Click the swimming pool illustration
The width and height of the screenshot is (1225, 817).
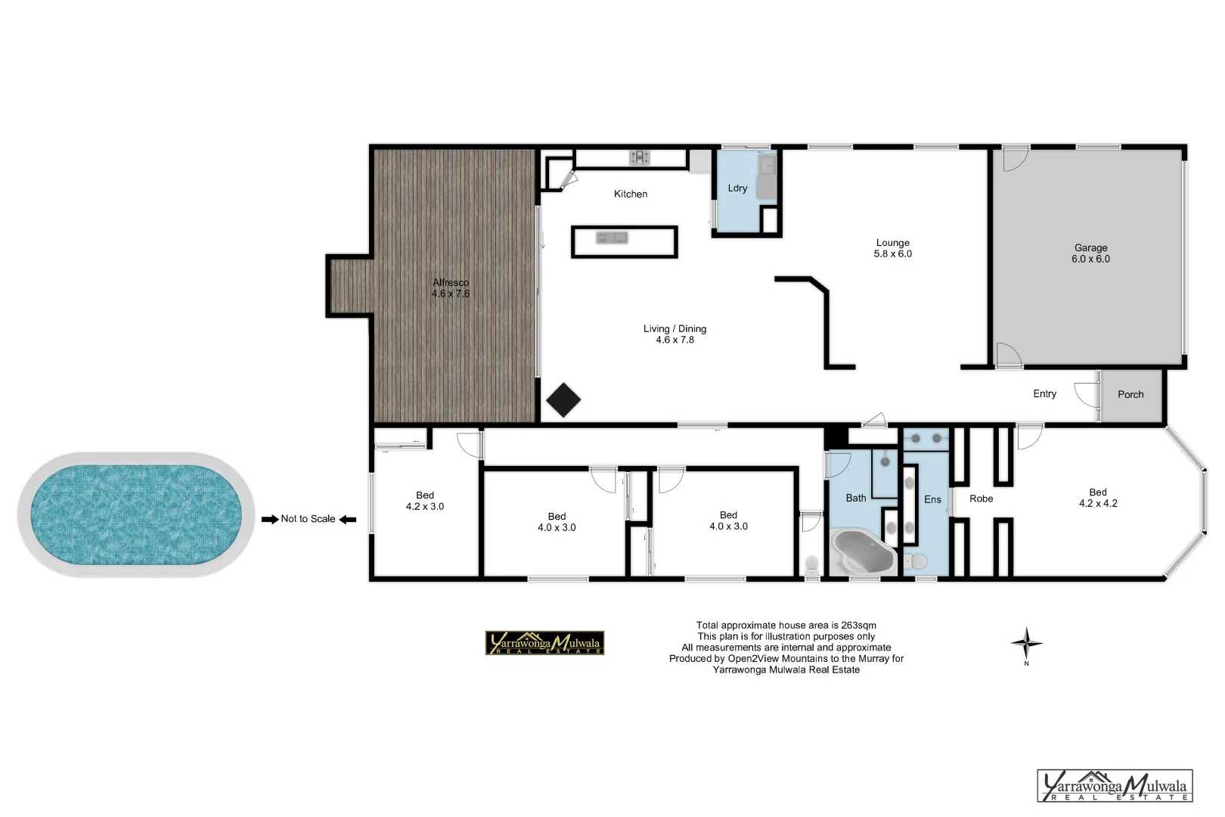pyautogui.click(x=135, y=514)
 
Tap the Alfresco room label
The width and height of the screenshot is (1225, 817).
pyautogui.click(x=451, y=288)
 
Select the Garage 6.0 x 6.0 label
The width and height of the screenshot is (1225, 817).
pyautogui.click(x=1090, y=253)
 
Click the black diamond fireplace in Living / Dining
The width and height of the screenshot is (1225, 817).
pyautogui.click(x=563, y=400)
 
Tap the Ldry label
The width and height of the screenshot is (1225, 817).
pyautogui.click(x=737, y=188)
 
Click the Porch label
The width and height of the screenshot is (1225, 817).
pyautogui.click(x=1130, y=394)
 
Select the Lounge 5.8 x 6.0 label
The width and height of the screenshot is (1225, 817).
pyautogui.click(x=892, y=249)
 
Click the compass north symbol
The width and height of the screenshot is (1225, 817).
pyautogui.click(x=1026, y=645)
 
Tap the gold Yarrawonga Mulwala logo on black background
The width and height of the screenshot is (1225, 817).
pyautogui.click(x=544, y=643)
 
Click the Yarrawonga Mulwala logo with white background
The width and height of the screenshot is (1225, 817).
pyautogui.click(x=1115, y=786)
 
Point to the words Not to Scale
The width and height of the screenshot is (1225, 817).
pyautogui.click(x=308, y=519)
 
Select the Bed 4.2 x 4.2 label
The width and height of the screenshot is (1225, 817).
pyautogui.click(x=1098, y=498)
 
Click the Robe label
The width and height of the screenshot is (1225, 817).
pyautogui.click(x=981, y=499)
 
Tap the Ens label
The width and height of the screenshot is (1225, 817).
pyautogui.click(x=932, y=499)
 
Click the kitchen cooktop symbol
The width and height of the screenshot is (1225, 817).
pyautogui.click(x=640, y=157)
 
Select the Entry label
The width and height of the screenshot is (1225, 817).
pyautogui.click(x=1044, y=393)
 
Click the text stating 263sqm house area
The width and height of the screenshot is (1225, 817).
pyautogui.click(x=786, y=625)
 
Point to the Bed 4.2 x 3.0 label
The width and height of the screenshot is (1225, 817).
pyautogui.click(x=425, y=501)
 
